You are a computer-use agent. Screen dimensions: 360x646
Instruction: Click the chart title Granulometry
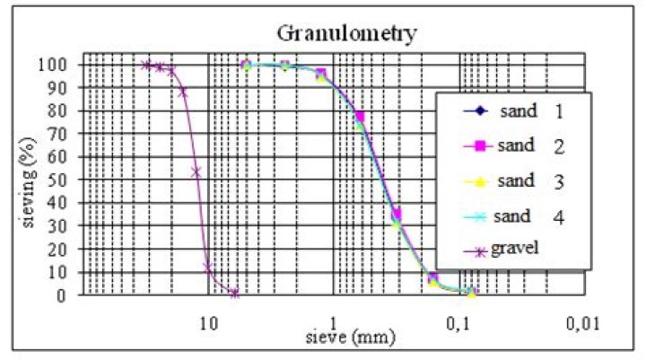(345, 34)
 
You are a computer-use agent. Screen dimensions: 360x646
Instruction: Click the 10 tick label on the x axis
(208, 322)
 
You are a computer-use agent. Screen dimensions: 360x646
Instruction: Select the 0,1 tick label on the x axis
(460, 322)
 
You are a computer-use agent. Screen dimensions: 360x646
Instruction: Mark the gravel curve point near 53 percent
(196, 171)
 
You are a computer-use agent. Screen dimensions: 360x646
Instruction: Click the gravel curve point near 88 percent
(182, 92)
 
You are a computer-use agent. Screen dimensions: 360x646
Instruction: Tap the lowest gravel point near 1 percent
(234, 293)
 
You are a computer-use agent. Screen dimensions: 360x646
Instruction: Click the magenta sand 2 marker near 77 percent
(360, 117)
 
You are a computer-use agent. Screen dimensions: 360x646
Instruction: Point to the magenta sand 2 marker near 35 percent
(397, 214)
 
